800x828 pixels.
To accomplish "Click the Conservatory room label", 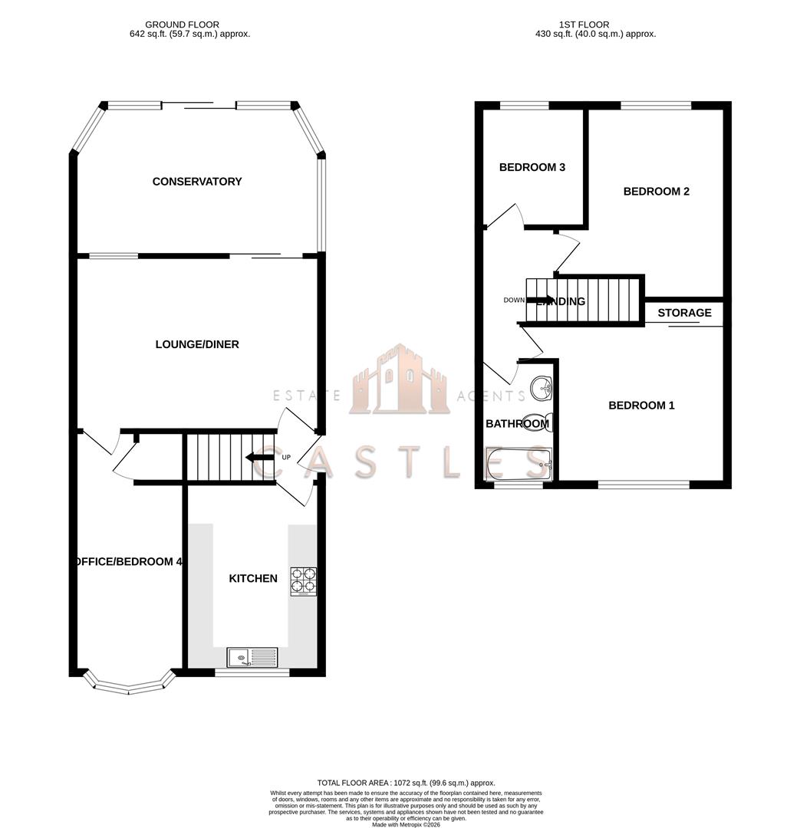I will pos(197,182).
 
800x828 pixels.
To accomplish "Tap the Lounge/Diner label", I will pos(197,344).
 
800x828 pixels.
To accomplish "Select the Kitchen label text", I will pos(253,578).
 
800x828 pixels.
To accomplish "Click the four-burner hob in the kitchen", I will pos(303,581).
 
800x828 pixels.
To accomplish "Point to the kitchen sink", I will pos(252,657).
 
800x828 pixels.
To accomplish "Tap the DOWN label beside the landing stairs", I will pos(513,300).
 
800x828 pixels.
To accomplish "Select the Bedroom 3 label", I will pos(532,167).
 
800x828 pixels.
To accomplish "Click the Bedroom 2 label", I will pos(656,191).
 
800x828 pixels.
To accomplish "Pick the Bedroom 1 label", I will pos(641,405).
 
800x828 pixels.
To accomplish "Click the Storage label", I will pos(684,313).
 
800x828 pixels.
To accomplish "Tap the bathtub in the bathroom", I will pos(519,464).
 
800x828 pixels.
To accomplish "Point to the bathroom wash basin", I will pos(544,389).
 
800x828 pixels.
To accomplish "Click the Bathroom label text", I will pos(517,423).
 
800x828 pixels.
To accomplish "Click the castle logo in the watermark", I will pos(399,381).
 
